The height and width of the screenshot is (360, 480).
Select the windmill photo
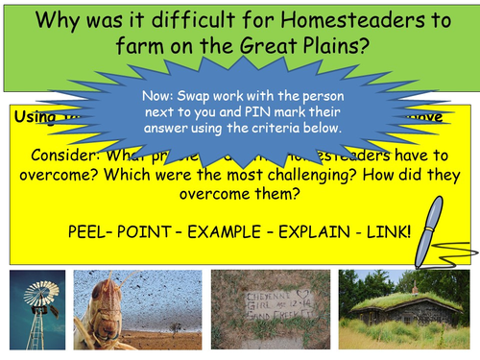[36, 309]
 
